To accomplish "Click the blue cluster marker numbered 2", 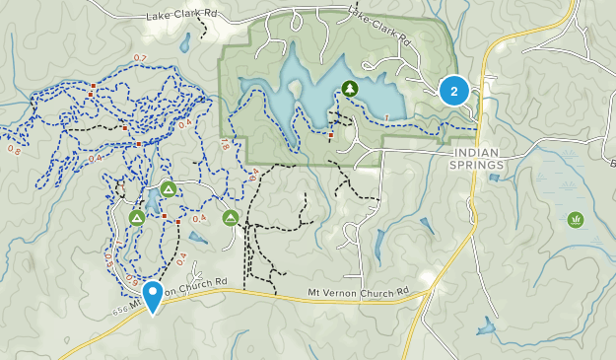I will coord(453,91).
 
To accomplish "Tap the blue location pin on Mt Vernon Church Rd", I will coord(153,295).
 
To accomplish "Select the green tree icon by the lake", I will coord(350,90).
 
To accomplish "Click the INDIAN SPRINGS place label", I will coord(478,159).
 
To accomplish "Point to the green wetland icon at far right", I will coord(577,219).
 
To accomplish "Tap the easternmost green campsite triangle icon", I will coord(231,217).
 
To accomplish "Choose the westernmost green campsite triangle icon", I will coord(137,218).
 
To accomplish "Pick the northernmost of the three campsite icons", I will coord(169,189).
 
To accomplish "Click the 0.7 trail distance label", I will coord(139,59).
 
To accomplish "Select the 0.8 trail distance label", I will coord(14,150).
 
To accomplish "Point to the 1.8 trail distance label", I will coord(225,145).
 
